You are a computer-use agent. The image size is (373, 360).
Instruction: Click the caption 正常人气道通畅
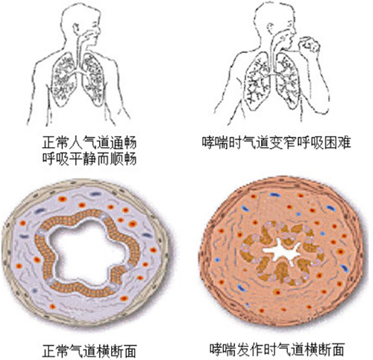(90, 143)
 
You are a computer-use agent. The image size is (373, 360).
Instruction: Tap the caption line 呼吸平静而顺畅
(90, 158)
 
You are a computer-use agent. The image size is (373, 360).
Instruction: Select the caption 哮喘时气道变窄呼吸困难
(277, 143)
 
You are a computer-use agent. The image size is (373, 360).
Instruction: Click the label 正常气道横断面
(90, 351)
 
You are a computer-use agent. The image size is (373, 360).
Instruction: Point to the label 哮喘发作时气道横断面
(277, 349)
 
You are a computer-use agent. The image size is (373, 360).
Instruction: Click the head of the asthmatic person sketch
(275, 25)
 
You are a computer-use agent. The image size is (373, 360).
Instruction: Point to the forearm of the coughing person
(323, 82)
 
